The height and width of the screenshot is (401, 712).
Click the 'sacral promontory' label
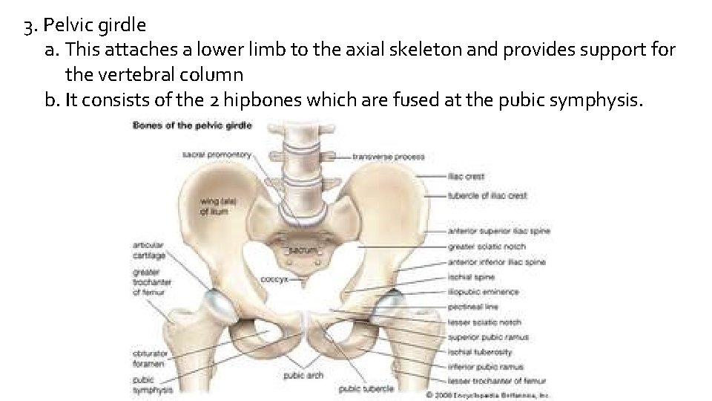pyautogui.click(x=217, y=154)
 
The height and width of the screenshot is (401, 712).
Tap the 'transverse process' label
pyautogui.click(x=388, y=157)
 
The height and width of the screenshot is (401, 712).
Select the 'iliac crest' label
pyautogui.click(x=466, y=177)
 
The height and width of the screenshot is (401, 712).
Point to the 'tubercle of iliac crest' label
pyautogui.click(x=487, y=195)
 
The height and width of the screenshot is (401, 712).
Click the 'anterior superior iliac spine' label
pyautogui.click(x=498, y=232)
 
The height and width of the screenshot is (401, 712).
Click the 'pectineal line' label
pyautogui.click(x=472, y=307)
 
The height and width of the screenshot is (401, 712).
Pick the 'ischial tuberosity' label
pyautogui.click(x=480, y=352)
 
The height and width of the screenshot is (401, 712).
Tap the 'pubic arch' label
pyautogui.click(x=303, y=376)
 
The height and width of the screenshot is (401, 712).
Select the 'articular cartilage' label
pyautogui.click(x=148, y=250)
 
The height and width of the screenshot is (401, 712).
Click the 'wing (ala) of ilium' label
pyautogui.click(x=214, y=206)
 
